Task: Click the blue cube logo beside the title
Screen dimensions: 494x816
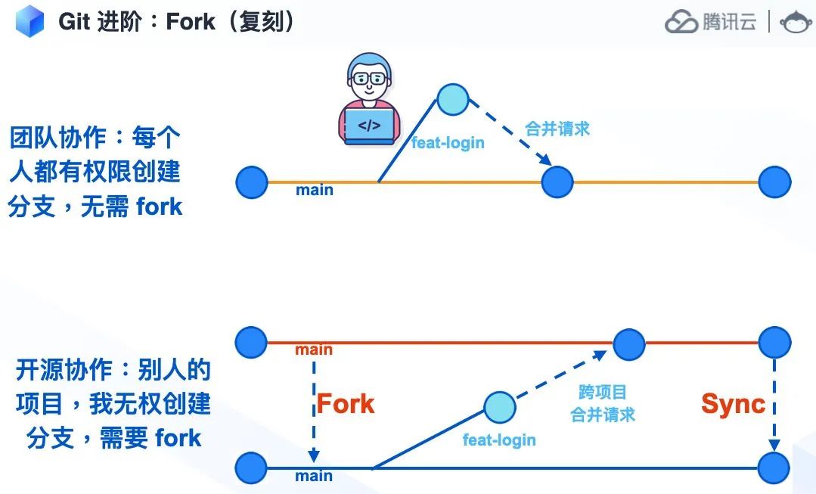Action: coord(29,21)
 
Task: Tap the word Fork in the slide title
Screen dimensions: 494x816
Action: coord(191,21)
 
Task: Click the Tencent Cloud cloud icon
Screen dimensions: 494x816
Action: coord(681,23)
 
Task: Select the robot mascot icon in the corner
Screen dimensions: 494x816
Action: coord(796,22)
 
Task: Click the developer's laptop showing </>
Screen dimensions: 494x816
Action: coord(369,126)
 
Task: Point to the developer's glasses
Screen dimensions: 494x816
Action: coord(368,78)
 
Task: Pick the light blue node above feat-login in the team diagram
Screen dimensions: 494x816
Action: coord(453,99)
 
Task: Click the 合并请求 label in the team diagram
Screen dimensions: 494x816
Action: coord(557,129)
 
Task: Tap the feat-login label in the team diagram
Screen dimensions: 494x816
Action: coord(448,142)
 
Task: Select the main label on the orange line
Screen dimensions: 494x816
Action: coord(315,190)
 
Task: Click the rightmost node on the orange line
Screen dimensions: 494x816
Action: coord(774,182)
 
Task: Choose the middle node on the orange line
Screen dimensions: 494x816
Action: coord(557,182)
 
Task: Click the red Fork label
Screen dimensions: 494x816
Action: coord(346,403)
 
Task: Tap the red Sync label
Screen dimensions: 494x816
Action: coord(733,403)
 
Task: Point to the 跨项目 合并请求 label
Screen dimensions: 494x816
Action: coord(603,403)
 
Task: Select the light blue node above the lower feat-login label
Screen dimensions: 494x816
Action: coord(499,408)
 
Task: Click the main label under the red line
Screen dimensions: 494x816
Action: coord(314,350)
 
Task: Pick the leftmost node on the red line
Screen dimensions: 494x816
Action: coord(251,342)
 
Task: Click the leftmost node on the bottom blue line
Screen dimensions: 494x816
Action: coord(251,468)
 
